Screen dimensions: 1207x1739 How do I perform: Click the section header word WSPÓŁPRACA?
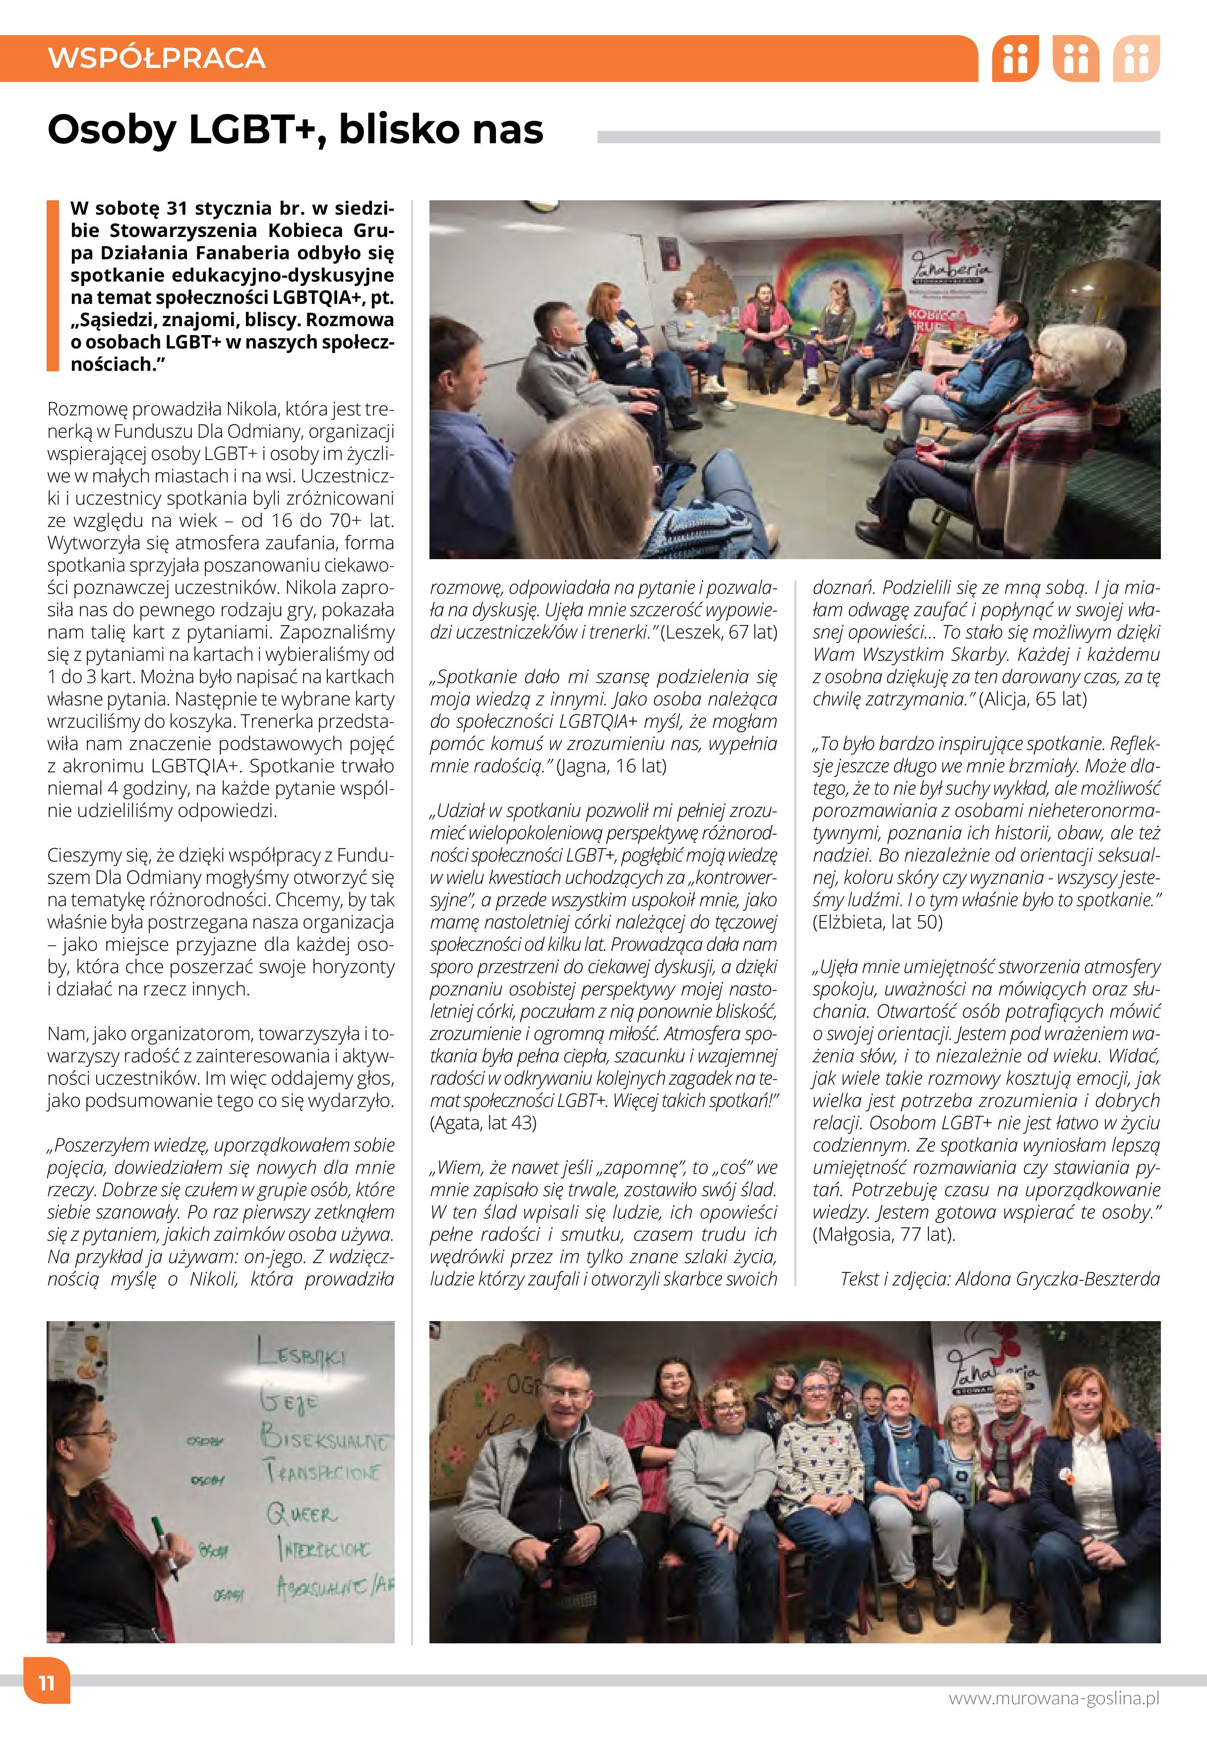pos(157,58)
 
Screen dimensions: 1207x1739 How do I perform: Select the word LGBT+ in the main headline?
pos(254,129)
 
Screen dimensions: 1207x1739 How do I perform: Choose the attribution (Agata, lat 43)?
pos(483,1123)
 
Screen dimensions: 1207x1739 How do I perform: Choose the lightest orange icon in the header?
pos(1136,58)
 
